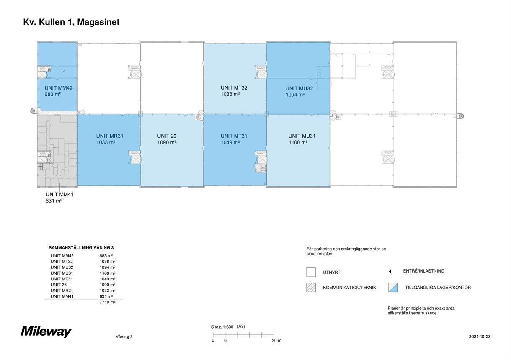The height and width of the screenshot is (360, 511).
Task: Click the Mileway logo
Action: pyautogui.click(x=46, y=332)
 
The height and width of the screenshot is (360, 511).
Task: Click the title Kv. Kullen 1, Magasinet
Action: pyautogui.click(x=71, y=22)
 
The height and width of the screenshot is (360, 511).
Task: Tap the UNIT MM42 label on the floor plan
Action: pyautogui.click(x=59, y=88)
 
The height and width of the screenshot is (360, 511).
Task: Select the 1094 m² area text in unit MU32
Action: pyautogui.click(x=295, y=95)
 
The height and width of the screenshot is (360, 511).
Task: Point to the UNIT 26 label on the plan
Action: pyautogui.click(x=167, y=136)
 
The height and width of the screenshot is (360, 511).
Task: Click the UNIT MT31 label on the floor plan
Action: pyautogui.click(x=234, y=136)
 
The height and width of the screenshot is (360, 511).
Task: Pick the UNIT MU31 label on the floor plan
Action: pyautogui.click(x=302, y=136)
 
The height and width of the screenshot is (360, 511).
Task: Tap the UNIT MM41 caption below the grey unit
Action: pyautogui.click(x=59, y=195)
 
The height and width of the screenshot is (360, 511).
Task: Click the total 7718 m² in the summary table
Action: pyautogui.click(x=107, y=302)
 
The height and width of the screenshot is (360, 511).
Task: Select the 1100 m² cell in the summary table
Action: pyautogui.click(x=107, y=273)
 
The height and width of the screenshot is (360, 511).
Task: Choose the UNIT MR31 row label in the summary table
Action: pyautogui.click(x=62, y=291)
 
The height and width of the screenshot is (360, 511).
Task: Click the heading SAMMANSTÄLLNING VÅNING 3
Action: pyautogui.click(x=81, y=247)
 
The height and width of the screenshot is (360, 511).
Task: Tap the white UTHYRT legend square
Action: pyautogui.click(x=311, y=272)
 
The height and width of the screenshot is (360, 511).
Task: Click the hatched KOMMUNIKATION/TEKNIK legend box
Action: pyautogui.click(x=311, y=288)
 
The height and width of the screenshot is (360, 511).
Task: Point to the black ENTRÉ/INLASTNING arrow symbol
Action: pyautogui.click(x=390, y=271)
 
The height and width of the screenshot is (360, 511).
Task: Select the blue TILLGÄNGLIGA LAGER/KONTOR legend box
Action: pyautogui.click(x=393, y=288)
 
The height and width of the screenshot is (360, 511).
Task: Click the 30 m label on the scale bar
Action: pyautogui.click(x=276, y=341)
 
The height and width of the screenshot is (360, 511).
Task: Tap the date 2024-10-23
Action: pyautogui.click(x=480, y=337)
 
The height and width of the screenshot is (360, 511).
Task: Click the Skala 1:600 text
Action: pyautogui.click(x=222, y=327)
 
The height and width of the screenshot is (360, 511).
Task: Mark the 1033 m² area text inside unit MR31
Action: pyautogui.click(x=106, y=142)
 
